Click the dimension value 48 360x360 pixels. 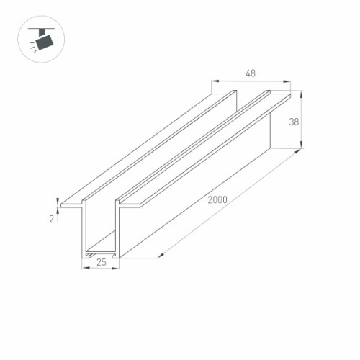point(251,73)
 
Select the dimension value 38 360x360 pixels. point(294,122)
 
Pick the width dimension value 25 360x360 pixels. point(101,263)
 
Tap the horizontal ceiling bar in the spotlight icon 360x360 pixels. point(42,28)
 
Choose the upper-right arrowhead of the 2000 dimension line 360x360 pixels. point(299,153)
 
